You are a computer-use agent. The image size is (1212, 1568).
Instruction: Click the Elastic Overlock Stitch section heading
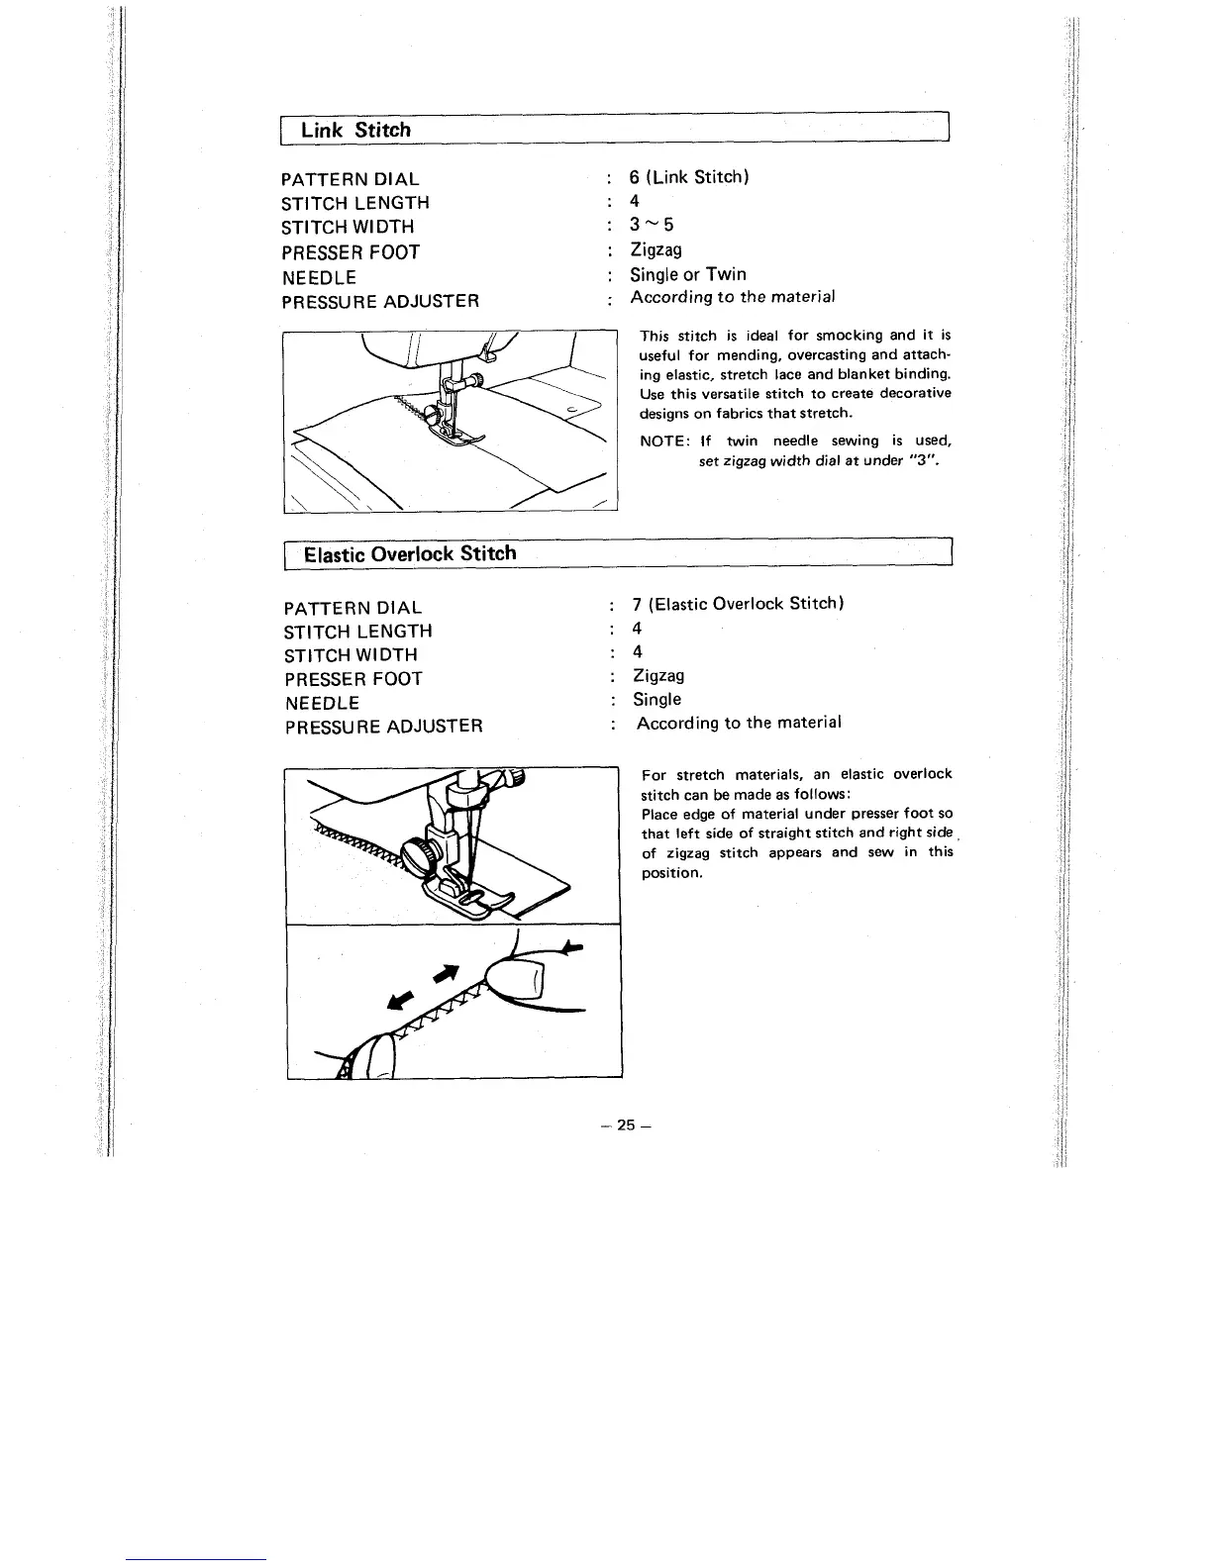409,553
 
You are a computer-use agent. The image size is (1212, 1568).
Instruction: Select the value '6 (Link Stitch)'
689,177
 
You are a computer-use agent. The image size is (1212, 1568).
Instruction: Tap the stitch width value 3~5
652,226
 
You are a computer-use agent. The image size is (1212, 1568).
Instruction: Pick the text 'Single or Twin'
688,274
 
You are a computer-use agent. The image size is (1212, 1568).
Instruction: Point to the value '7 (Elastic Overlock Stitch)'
738,603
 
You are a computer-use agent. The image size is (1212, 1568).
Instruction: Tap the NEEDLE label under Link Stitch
319,278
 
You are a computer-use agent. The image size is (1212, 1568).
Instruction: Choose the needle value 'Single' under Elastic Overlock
656,700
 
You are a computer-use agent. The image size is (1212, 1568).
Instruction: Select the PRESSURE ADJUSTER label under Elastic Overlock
383,727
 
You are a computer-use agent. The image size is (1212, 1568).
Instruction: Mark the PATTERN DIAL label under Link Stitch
351,179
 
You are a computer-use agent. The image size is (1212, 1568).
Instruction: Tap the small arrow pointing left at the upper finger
570,947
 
